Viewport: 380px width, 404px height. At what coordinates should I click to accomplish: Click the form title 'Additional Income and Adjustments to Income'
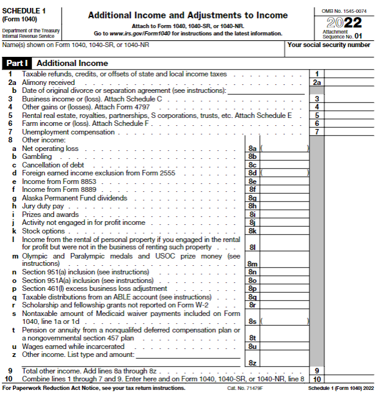[188, 15]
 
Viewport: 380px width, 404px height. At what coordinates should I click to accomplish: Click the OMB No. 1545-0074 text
[343, 10]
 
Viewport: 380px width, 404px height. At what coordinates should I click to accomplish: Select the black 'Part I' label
[18, 63]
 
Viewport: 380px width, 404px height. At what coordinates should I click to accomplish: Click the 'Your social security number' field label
[329, 45]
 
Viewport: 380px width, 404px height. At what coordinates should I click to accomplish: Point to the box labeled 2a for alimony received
[316, 83]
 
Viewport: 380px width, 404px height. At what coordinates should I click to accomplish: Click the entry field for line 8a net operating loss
[284, 149]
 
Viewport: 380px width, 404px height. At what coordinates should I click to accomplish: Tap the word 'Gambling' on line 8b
[37, 156]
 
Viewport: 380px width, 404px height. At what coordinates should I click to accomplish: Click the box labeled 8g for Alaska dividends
[252, 198]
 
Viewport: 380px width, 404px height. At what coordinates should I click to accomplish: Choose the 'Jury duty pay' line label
[43, 206]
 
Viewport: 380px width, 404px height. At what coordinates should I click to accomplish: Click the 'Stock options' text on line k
[43, 231]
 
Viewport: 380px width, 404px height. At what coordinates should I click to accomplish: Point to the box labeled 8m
[252, 263]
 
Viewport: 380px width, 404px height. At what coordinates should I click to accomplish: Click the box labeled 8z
[252, 363]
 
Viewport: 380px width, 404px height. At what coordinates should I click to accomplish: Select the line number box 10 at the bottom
[316, 379]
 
